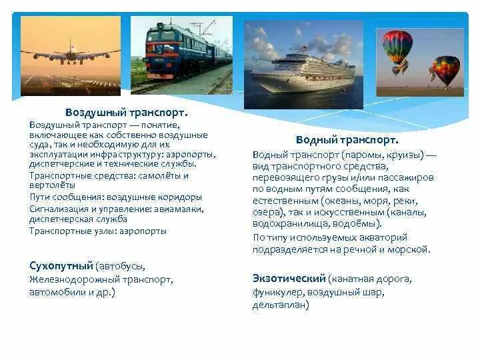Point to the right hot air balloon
click(445, 69)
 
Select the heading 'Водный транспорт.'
click(347, 141)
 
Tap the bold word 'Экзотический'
click(289, 277)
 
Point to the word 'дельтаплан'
click(281, 305)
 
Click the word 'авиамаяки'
click(176, 209)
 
